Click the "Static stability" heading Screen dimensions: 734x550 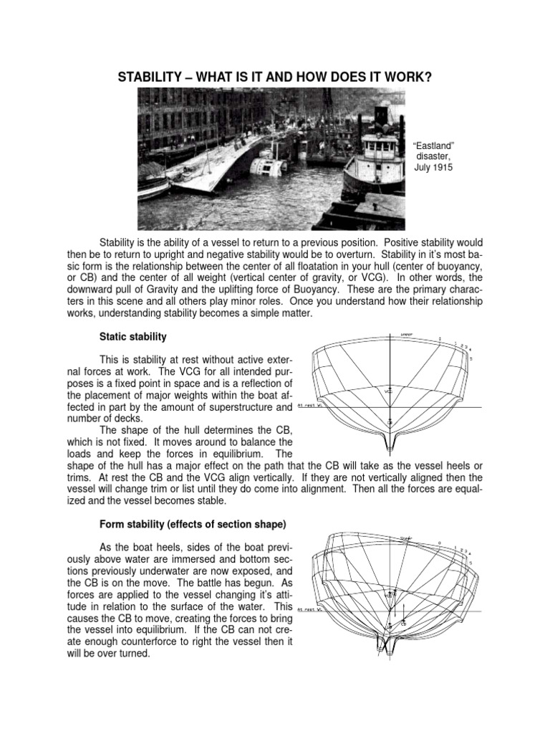pyautogui.click(x=133, y=336)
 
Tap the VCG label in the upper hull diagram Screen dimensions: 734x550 pyautogui.click(x=388, y=391)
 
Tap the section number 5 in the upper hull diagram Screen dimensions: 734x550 pyautogui.click(x=471, y=358)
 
